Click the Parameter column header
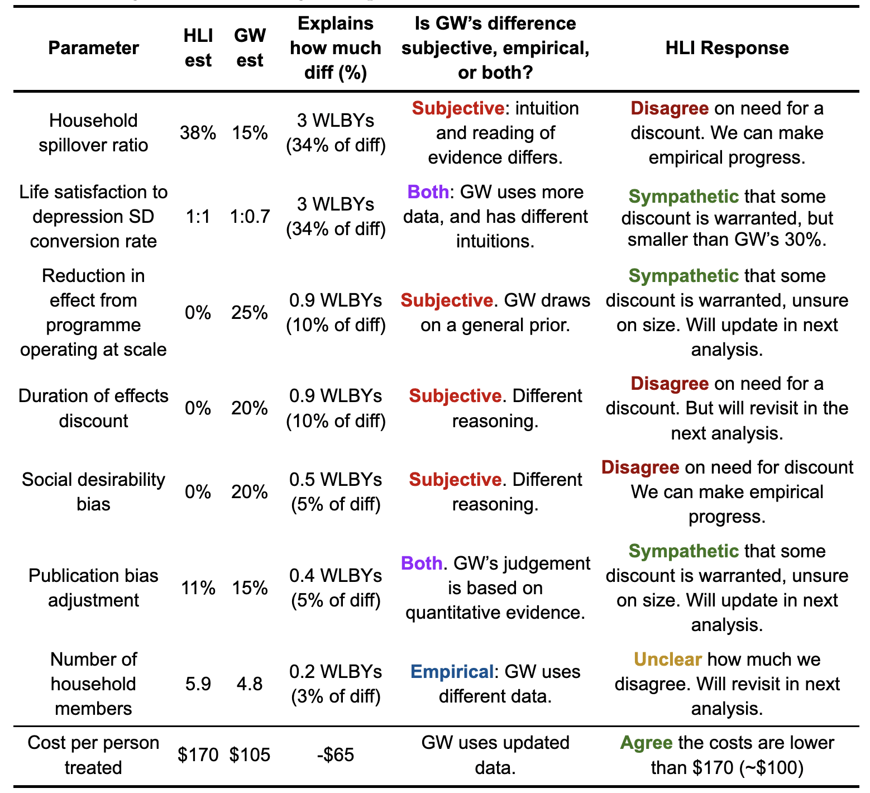[x=93, y=48]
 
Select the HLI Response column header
[x=726, y=48]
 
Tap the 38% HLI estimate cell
[x=198, y=133]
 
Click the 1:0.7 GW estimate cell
[x=250, y=217]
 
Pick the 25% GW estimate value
[x=250, y=313]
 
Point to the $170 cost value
[x=198, y=755]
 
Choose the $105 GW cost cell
[x=250, y=755]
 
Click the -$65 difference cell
[x=335, y=755]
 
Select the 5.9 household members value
[x=198, y=684]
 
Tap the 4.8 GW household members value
[x=250, y=684]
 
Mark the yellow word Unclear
[x=667, y=660]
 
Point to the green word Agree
[x=646, y=743]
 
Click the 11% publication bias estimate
[x=198, y=587]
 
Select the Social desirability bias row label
[x=93, y=491]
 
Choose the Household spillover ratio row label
[x=93, y=133]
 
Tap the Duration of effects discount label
[x=93, y=408]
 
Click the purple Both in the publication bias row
[x=422, y=563]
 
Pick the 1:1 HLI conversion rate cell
[x=198, y=217]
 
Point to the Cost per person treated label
[x=93, y=755]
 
